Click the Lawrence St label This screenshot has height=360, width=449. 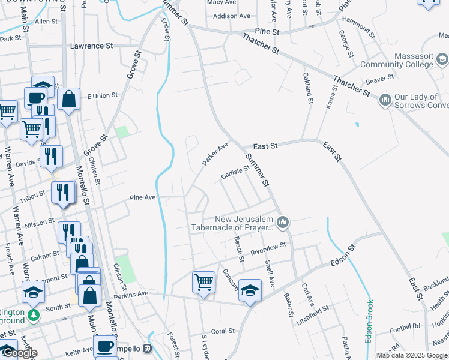(x=91, y=46)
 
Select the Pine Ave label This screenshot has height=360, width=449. (x=143, y=197)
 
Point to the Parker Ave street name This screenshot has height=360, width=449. (x=215, y=154)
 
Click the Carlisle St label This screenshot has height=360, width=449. (x=235, y=173)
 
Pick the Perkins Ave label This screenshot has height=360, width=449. (x=131, y=294)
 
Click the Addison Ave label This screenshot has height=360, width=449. (x=231, y=16)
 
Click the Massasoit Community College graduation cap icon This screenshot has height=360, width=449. (x=442, y=59)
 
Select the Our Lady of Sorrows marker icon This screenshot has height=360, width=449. (x=385, y=97)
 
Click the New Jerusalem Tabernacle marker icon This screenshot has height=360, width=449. (x=283, y=223)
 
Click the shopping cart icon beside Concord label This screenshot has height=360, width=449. (x=203, y=281)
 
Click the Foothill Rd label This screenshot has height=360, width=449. (x=403, y=326)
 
